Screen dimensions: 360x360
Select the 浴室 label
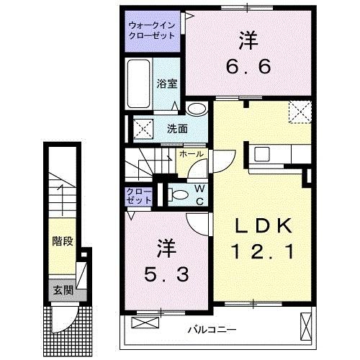[x=166, y=83]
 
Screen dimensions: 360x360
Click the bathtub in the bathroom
[x=139, y=84]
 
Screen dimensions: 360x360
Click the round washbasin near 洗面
[x=194, y=109]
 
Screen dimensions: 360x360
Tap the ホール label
[x=190, y=154]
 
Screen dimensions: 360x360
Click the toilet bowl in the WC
[x=177, y=194]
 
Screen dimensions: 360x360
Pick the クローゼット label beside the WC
[x=138, y=197]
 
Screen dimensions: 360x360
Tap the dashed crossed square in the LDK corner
[x=298, y=112]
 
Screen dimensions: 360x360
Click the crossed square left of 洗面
[x=141, y=130]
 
